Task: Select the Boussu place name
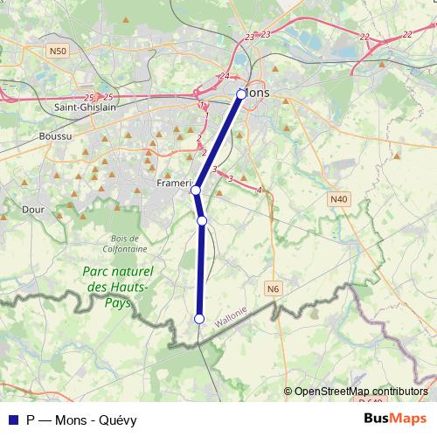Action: [x=57, y=136]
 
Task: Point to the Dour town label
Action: [x=32, y=210]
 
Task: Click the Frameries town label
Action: [x=173, y=184]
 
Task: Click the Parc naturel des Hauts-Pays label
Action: [x=118, y=287]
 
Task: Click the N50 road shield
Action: [x=58, y=52]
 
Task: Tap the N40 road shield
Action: [x=339, y=199]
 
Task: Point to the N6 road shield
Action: [x=274, y=288]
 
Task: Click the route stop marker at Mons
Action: [x=241, y=92]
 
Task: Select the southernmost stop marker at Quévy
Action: [x=199, y=319]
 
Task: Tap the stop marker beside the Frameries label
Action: [x=196, y=190]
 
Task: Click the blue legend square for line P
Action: [x=11, y=420]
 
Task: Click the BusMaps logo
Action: [x=395, y=419]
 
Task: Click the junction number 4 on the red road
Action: [x=260, y=190]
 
